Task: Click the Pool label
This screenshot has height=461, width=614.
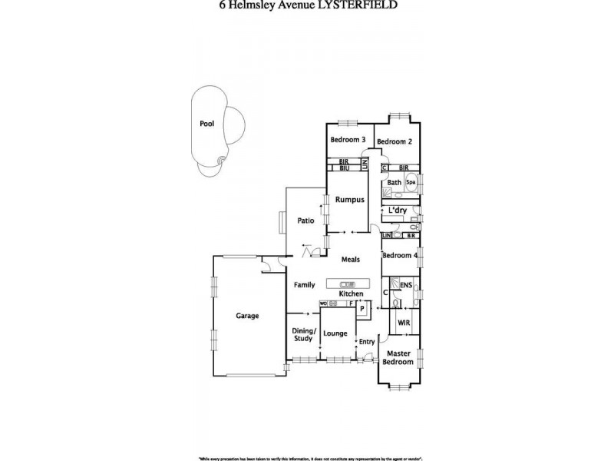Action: (x=206, y=123)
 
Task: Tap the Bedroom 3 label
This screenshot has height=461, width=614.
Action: (x=347, y=140)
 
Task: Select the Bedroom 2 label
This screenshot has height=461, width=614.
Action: (x=394, y=141)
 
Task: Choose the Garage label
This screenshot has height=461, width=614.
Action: (x=247, y=316)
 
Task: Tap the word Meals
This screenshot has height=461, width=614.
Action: (x=351, y=260)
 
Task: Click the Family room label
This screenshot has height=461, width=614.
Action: (x=305, y=285)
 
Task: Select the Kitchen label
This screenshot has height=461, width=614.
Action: (x=351, y=294)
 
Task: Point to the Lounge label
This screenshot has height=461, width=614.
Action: (x=335, y=333)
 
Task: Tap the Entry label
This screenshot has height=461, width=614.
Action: (x=368, y=342)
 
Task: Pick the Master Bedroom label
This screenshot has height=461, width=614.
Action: (x=398, y=357)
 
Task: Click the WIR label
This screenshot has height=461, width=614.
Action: (x=404, y=323)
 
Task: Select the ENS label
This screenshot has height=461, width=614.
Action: (x=406, y=287)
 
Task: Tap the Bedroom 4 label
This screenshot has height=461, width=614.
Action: (x=399, y=256)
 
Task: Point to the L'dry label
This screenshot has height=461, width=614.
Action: (x=397, y=211)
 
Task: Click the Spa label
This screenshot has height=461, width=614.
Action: (x=411, y=183)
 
